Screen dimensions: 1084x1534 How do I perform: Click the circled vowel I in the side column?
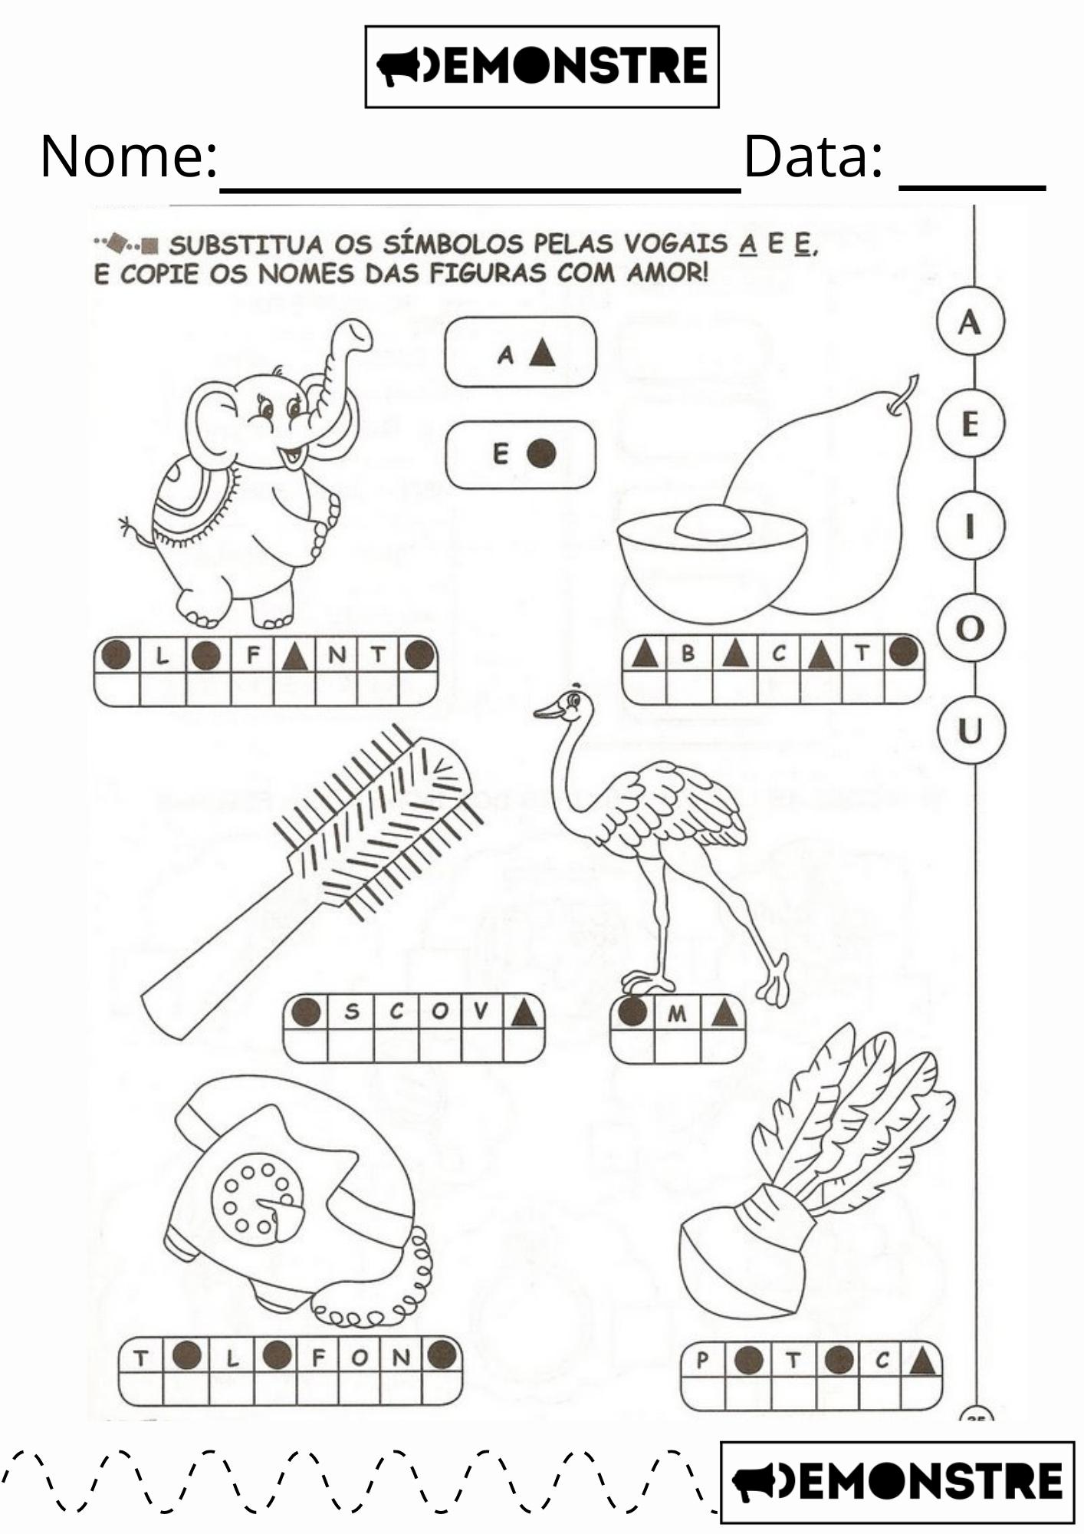click(x=970, y=526)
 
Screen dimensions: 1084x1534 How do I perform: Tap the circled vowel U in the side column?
click(x=970, y=730)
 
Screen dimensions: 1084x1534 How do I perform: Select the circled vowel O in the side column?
click(x=970, y=628)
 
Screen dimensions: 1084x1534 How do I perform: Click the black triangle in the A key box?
click(x=543, y=353)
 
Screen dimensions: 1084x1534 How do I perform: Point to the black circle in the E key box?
click(x=541, y=453)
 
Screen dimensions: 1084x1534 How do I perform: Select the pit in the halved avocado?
click(x=712, y=523)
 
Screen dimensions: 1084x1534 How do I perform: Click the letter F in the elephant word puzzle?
click(x=254, y=655)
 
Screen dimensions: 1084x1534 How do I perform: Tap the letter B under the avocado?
click(x=688, y=653)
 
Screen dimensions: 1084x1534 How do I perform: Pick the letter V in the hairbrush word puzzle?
click(x=481, y=1011)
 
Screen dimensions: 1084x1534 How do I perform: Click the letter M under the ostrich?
click(x=677, y=1014)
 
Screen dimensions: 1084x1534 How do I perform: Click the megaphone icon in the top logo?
click(x=399, y=67)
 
